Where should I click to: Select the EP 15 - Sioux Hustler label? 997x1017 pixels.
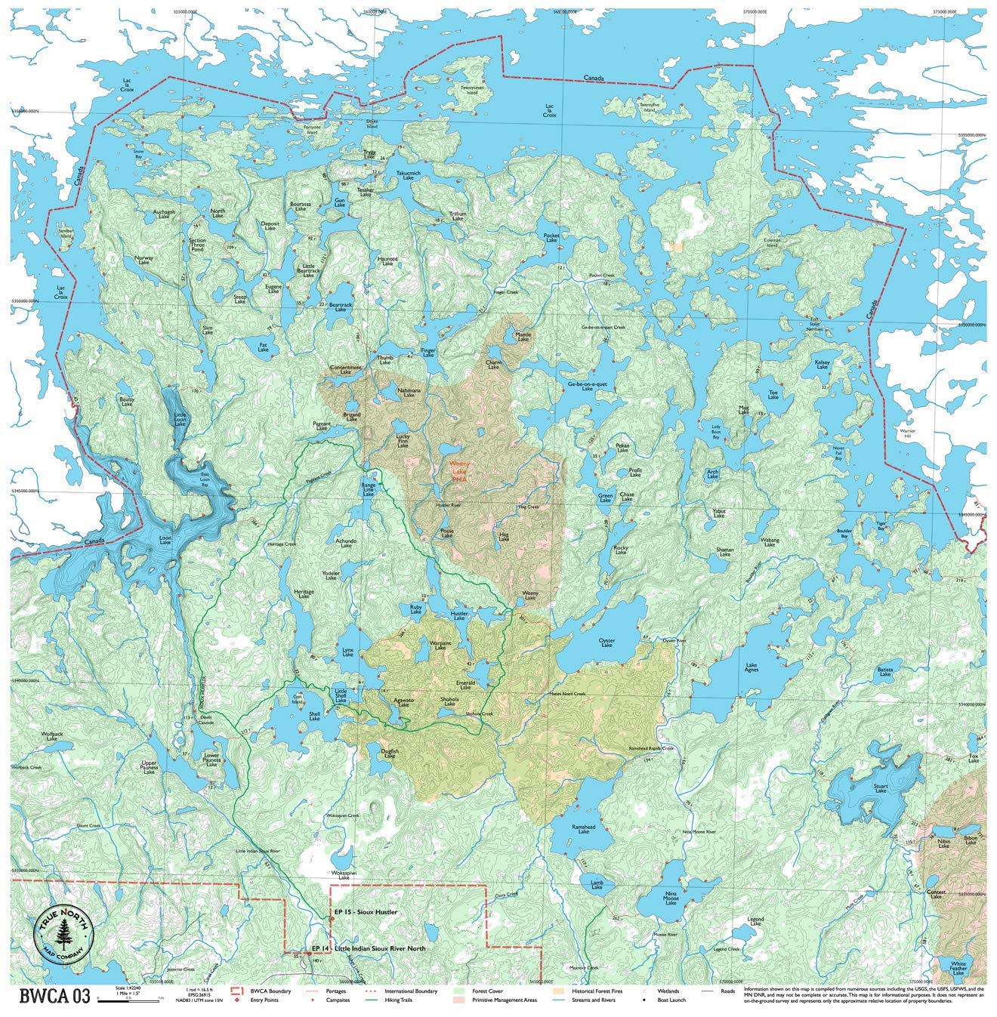pos(366,912)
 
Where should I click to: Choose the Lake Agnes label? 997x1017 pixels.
pos(751,667)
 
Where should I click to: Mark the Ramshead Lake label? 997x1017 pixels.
pos(584,828)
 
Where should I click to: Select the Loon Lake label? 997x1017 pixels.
pos(165,541)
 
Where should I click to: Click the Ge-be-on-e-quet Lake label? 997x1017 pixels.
pos(587,386)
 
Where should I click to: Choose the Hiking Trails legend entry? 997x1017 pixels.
pos(401,1000)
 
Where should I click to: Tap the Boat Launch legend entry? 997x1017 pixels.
pos(668,1000)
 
